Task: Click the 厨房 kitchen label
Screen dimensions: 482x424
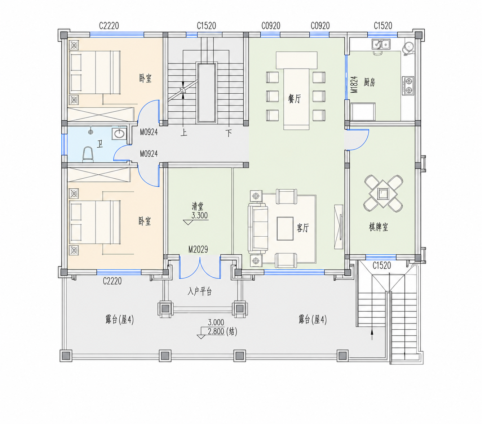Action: click(369, 82)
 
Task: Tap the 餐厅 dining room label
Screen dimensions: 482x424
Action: click(295, 98)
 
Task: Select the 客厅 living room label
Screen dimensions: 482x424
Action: click(302, 228)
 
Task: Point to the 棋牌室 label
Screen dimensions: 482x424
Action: click(378, 227)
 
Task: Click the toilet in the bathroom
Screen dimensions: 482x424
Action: click(88, 155)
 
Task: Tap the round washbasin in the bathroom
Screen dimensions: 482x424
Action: click(119, 134)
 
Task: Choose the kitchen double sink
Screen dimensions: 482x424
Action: click(381, 45)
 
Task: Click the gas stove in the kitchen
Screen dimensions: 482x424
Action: click(408, 86)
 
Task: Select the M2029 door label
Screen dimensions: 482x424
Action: click(198, 249)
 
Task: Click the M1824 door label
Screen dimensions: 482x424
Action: click(354, 84)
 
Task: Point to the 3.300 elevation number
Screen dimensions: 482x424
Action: click(199, 215)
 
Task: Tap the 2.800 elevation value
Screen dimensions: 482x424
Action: click(216, 331)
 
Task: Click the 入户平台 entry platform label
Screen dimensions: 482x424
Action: click(199, 291)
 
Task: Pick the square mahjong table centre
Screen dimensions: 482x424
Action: click(383, 193)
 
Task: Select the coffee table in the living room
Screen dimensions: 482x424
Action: click(285, 228)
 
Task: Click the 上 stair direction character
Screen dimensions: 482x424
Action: click(183, 133)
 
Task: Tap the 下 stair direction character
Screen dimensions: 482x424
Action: click(229, 133)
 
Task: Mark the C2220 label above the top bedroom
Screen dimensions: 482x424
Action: click(109, 26)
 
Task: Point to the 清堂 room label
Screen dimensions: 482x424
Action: click(198, 206)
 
